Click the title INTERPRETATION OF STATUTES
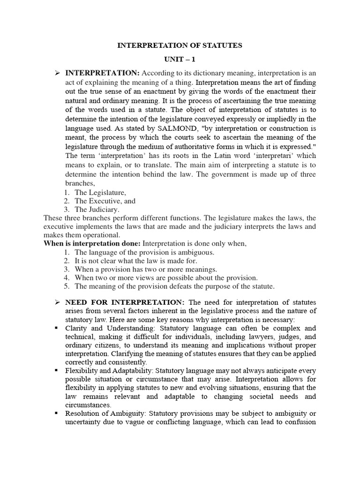(180, 45)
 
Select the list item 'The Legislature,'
(101, 192)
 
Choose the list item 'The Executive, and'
(105, 201)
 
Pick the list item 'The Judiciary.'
(97, 210)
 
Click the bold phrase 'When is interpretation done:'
(92, 244)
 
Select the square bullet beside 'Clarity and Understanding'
(56, 328)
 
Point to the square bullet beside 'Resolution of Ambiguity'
(56, 413)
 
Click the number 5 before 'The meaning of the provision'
(67, 286)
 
